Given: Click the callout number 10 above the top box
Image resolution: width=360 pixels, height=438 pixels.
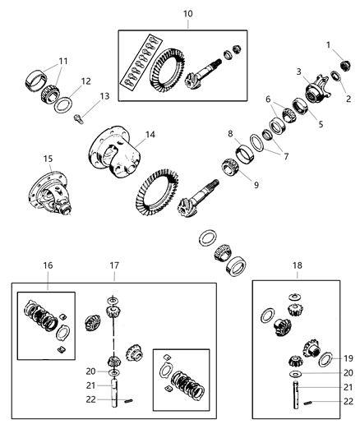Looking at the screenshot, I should point(188,14).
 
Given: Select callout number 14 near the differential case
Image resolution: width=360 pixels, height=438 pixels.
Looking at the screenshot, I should point(150,134).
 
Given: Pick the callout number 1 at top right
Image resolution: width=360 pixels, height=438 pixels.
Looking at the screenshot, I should point(327,44).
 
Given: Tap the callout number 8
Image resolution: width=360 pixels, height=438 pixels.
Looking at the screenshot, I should point(231,133).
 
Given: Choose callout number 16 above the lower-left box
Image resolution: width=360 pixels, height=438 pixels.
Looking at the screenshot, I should point(48,267).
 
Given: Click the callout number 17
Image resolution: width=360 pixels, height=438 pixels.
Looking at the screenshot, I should point(113,267).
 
